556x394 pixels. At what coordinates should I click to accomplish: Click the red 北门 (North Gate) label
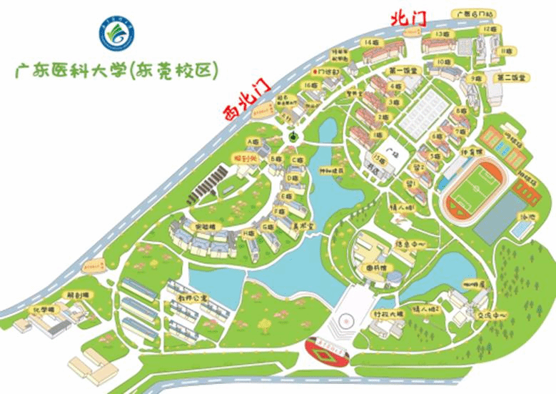408,19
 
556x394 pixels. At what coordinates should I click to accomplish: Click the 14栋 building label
371,43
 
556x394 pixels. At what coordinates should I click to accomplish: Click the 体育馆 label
455,152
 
